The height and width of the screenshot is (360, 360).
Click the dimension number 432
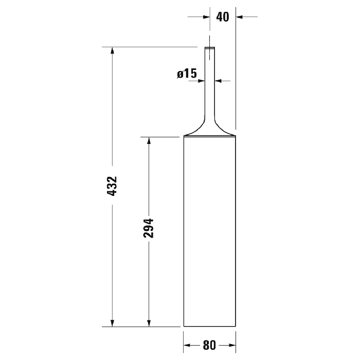click(112, 186)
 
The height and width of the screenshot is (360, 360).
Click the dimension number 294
click(148, 228)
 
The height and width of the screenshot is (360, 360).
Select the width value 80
click(209, 345)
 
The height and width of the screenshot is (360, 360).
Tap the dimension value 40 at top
click(223, 17)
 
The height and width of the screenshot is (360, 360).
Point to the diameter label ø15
click(187, 74)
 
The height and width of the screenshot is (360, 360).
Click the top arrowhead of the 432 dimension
click(112, 50)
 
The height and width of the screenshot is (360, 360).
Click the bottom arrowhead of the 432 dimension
click(112, 323)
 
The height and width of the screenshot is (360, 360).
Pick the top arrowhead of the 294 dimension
click(149, 140)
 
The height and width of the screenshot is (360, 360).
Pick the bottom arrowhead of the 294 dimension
click(149, 323)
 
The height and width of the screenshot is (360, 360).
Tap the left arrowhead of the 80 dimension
click(187, 345)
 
